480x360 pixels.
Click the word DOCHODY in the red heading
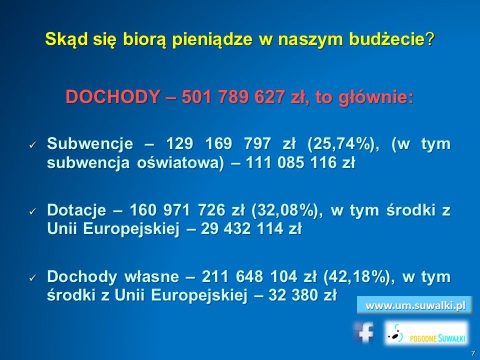coord(112,97)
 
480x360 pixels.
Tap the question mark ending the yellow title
coord(430,39)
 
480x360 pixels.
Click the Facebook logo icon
coord(364,332)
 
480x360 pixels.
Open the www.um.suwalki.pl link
coord(415,305)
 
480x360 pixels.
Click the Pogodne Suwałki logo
coord(426,333)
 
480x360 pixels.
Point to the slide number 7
coord(473,353)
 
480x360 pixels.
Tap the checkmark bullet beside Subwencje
coord(32,145)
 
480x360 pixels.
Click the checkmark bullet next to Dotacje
coord(32,211)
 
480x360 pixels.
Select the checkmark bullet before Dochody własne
coord(32,278)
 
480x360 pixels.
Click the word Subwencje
coord(90,144)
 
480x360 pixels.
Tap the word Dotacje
coord(76,210)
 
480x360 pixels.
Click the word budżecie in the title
coord(387,39)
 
